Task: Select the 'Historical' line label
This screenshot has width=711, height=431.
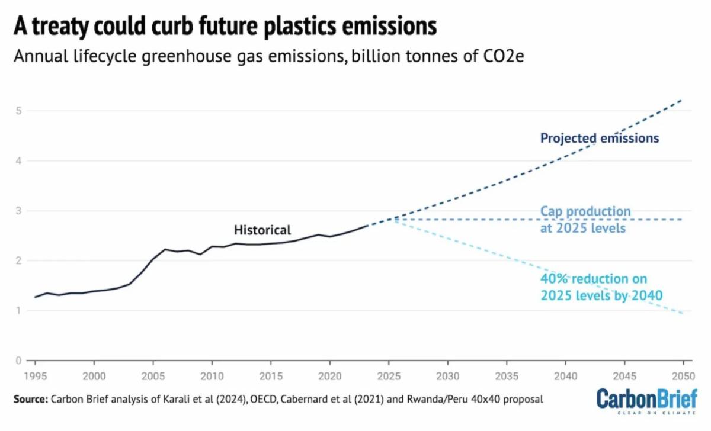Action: coord(262,230)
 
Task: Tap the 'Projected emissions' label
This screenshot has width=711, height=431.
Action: coord(600,139)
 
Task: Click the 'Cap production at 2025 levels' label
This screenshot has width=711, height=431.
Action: coord(585,219)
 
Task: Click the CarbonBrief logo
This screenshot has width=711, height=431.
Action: coord(646,401)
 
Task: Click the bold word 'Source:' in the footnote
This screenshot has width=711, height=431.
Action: coord(30,399)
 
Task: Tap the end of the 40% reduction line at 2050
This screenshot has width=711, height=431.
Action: coord(683,313)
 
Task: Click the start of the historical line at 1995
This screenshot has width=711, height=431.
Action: coord(35,297)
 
